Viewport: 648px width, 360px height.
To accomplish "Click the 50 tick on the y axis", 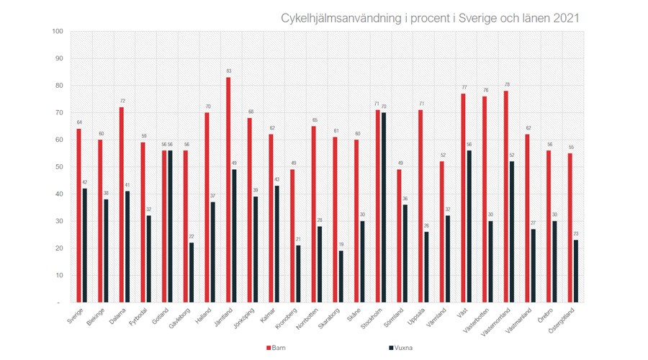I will click(x=59, y=167).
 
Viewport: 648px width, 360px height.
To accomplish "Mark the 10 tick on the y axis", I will click(x=59, y=275).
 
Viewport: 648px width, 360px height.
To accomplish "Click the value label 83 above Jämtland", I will click(x=228, y=71).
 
